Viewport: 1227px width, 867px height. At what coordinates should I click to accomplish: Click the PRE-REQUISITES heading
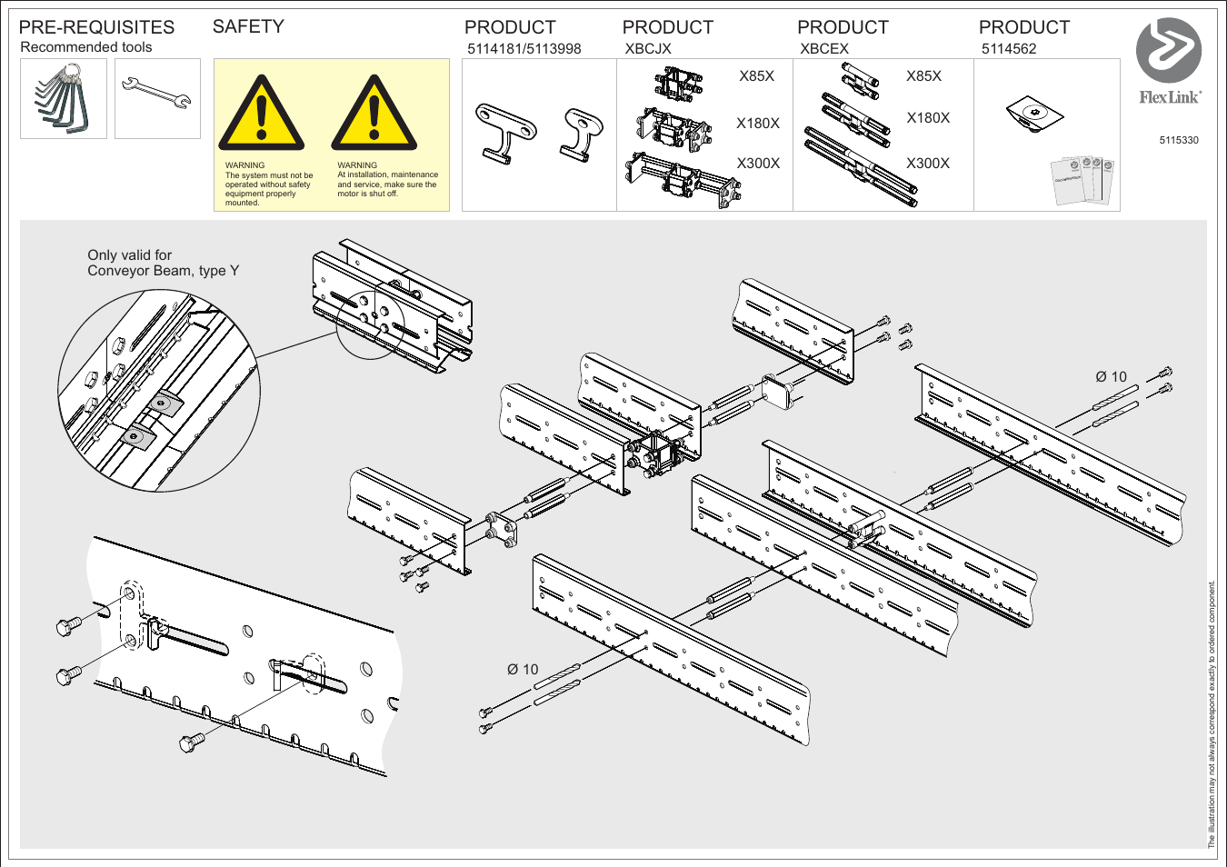[96, 27]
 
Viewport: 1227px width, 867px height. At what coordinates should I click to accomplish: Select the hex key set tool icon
[63, 98]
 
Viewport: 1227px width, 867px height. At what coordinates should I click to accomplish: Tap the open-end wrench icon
[157, 95]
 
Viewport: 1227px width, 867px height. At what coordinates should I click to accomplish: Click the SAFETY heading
[248, 26]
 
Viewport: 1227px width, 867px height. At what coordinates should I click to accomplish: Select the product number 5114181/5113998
[524, 49]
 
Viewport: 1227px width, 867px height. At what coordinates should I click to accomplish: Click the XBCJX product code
[647, 49]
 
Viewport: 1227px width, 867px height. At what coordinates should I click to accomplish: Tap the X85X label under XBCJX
[756, 76]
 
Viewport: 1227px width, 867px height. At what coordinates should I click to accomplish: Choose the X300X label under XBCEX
[927, 164]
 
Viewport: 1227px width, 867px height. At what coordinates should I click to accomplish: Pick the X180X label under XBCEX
[927, 118]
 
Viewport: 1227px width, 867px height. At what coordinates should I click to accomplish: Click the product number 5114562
[1008, 49]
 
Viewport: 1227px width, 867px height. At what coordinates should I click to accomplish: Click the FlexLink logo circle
[1168, 50]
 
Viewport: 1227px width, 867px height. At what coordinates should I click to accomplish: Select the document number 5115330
[1178, 140]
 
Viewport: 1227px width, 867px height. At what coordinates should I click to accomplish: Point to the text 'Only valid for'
[129, 255]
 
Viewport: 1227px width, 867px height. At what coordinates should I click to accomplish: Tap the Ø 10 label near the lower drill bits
[523, 670]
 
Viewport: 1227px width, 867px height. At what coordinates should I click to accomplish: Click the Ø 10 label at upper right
[1111, 377]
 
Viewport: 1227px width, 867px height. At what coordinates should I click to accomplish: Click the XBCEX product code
[823, 49]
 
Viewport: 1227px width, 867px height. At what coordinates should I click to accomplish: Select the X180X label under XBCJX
[757, 124]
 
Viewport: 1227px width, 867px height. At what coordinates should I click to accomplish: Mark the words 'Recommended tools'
[86, 47]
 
